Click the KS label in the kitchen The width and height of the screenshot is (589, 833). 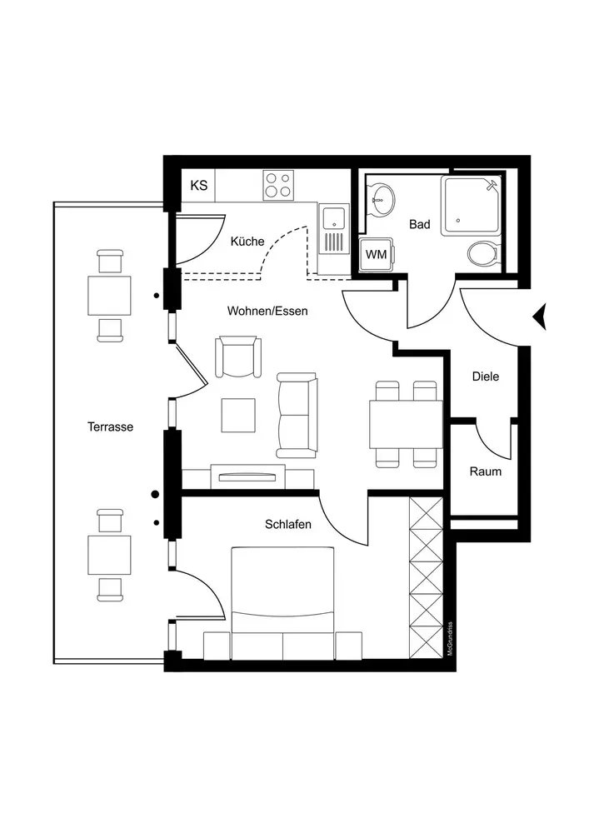pyautogui.click(x=199, y=185)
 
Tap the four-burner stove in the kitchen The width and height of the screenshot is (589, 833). pyautogui.click(x=278, y=184)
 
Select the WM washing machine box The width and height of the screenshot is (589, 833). pyautogui.click(x=377, y=254)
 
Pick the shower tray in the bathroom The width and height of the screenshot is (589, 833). pyautogui.click(x=472, y=205)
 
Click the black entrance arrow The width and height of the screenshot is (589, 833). pyautogui.click(x=540, y=317)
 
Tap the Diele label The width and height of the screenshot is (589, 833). pyautogui.click(x=485, y=377)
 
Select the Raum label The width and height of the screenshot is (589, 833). pyautogui.click(x=485, y=471)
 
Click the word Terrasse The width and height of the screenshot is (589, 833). pyautogui.click(x=110, y=426)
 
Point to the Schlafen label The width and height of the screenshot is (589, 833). pyautogui.click(x=288, y=524)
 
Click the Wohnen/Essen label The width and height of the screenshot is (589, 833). pyautogui.click(x=267, y=311)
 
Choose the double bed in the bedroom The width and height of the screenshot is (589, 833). pyautogui.click(x=282, y=596)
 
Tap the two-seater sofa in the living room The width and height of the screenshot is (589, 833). pyautogui.click(x=297, y=415)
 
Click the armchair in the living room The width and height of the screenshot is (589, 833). pyautogui.click(x=239, y=357)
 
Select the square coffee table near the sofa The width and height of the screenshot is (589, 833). pyautogui.click(x=238, y=415)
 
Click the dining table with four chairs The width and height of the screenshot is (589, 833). pyautogui.click(x=406, y=424)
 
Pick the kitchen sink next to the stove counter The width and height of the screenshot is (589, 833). pyautogui.click(x=333, y=219)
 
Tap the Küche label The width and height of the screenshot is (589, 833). pyautogui.click(x=247, y=242)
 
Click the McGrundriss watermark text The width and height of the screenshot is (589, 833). pyautogui.click(x=450, y=640)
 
